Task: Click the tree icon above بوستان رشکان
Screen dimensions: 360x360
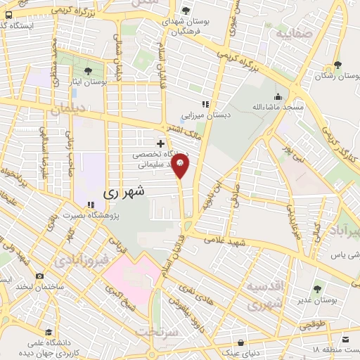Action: pos(338,65)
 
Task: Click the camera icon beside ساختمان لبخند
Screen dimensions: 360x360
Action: pos(39,276)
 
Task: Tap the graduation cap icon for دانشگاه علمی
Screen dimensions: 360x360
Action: pos(47,332)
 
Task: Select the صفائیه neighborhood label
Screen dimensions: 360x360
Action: pos(292,32)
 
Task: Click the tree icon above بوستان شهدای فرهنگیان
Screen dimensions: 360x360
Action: pos(186,10)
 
